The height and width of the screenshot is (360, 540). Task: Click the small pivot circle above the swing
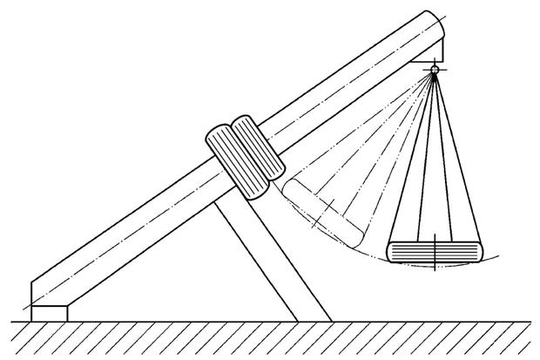click(433, 71)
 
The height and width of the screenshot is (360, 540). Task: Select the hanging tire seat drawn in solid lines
click(433, 251)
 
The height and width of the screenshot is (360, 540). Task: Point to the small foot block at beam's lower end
click(49, 311)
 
